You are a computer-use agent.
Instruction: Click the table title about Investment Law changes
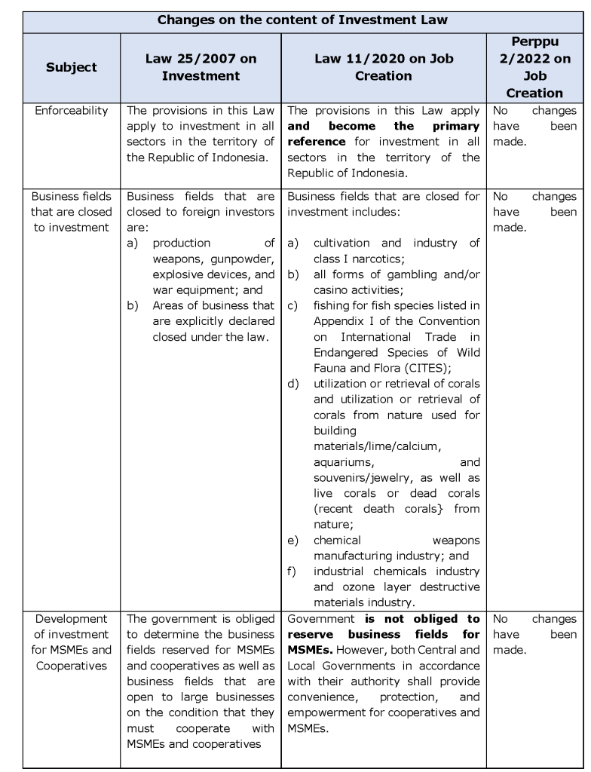click(x=303, y=20)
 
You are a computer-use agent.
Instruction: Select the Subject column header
click(x=72, y=67)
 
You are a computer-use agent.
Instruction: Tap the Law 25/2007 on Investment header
click(x=201, y=67)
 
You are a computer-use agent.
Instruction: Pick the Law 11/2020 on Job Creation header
click(x=384, y=67)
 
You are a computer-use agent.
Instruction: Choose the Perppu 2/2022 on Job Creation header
click(x=534, y=67)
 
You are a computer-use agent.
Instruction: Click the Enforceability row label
click(x=72, y=111)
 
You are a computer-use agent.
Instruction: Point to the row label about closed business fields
click(x=72, y=212)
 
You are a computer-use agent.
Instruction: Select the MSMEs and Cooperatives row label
click(x=72, y=642)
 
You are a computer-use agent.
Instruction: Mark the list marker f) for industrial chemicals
click(x=292, y=571)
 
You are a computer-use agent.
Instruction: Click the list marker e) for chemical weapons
click(x=292, y=541)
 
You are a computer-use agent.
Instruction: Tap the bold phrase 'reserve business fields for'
click(x=384, y=635)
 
